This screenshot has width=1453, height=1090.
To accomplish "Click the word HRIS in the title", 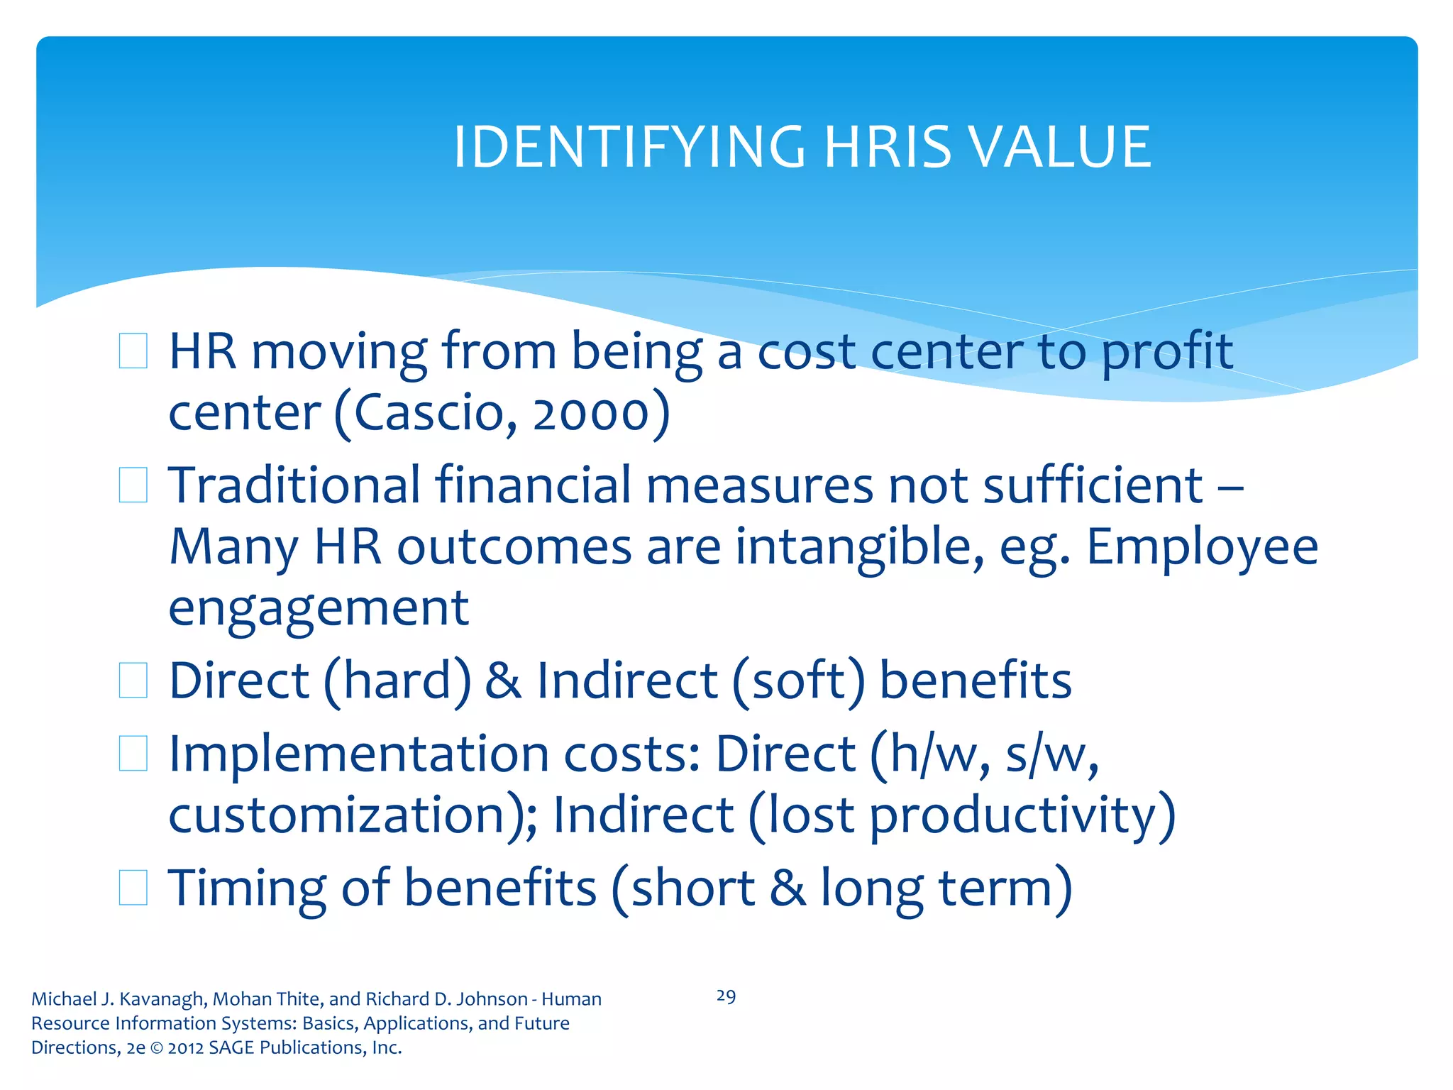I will pyautogui.click(x=888, y=147).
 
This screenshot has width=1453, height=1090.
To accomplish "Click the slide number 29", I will pyautogui.click(x=726, y=996).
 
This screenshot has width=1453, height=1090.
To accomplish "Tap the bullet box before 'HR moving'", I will pyautogui.click(x=133, y=351).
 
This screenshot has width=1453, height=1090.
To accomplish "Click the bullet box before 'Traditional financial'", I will pyautogui.click(x=133, y=485).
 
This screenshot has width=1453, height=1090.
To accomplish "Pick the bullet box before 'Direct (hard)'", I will pyautogui.click(x=133, y=681).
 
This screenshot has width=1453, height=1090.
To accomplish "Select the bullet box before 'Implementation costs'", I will pyautogui.click(x=133, y=754).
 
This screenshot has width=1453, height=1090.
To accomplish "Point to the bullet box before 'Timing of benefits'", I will pyautogui.click(x=133, y=888).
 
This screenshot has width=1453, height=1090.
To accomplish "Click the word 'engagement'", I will pyautogui.click(x=319, y=608).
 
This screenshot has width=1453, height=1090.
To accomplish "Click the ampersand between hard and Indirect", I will pyautogui.click(x=503, y=681).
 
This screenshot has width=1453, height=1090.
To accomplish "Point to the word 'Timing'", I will pyautogui.click(x=247, y=888).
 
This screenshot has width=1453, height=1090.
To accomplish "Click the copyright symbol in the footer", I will pyautogui.click(x=156, y=1048).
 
